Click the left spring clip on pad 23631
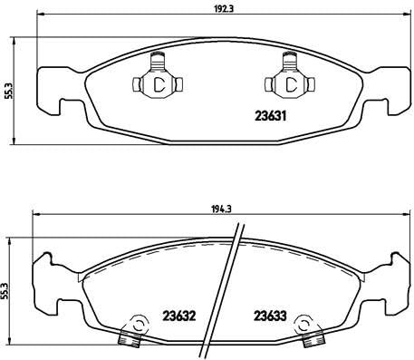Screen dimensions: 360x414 (x=158, y=83)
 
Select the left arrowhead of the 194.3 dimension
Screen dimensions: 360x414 (x=35, y=215)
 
